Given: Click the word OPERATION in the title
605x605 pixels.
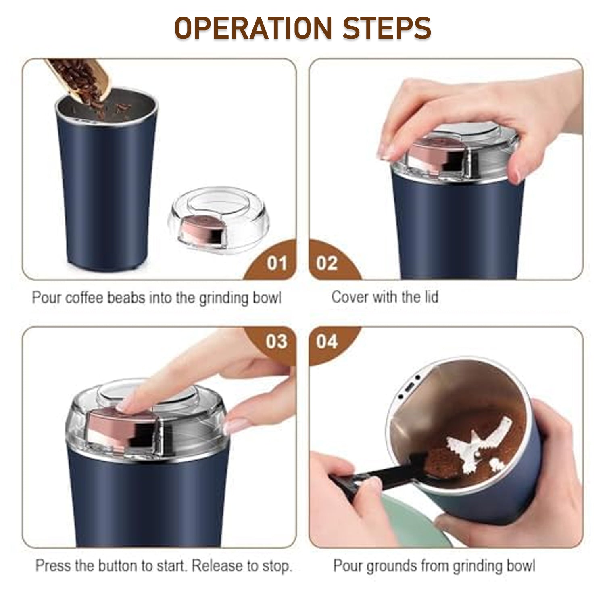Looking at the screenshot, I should [253, 28].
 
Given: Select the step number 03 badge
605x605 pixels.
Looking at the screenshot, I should [277, 342].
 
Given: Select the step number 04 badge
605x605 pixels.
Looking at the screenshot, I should [327, 342].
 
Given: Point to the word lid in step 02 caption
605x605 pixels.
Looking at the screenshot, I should [430, 297].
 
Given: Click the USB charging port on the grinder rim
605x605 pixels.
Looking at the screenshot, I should [409, 388].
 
